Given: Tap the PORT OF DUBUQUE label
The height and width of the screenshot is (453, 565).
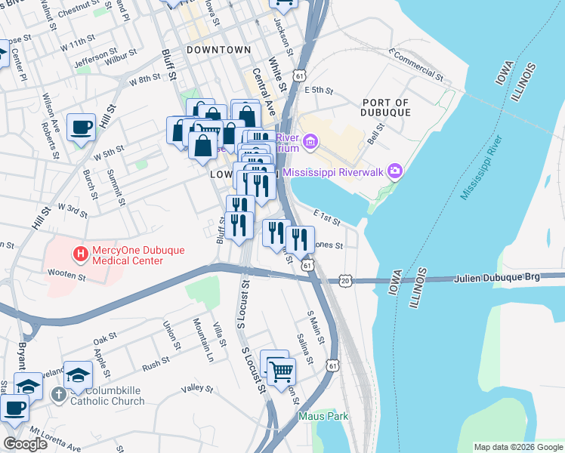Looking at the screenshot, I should (385, 107).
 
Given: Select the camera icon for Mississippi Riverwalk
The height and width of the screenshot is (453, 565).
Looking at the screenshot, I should (394, 171).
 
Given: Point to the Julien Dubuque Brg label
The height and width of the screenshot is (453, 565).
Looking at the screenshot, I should (497, 279).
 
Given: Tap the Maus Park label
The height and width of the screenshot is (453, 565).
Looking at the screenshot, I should (323, 416).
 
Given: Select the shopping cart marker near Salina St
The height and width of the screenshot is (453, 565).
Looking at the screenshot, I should (281, 370).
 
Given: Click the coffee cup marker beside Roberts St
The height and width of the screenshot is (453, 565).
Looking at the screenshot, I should (81, 127).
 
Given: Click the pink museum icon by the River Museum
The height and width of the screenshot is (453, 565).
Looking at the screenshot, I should (310, 141).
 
